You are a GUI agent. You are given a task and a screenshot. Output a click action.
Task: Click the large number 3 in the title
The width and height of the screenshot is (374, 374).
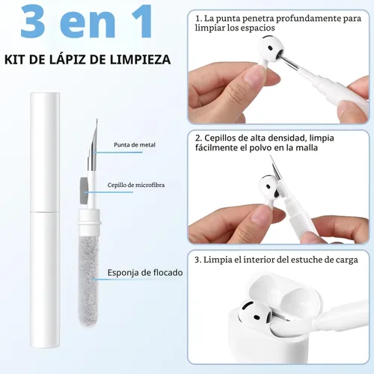pos(34,22)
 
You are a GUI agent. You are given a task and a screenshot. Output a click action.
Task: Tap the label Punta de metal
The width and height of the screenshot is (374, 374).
pos(135,145)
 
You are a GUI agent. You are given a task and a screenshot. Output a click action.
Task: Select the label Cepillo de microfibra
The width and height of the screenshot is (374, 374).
pos(136,185)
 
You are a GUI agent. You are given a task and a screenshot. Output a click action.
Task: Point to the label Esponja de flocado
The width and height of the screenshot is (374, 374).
pos(145,272)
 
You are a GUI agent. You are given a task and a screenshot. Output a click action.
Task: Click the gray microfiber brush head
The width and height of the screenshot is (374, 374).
pos(84,190)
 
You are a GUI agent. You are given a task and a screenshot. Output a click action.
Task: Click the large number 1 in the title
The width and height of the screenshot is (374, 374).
pos(140,22)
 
